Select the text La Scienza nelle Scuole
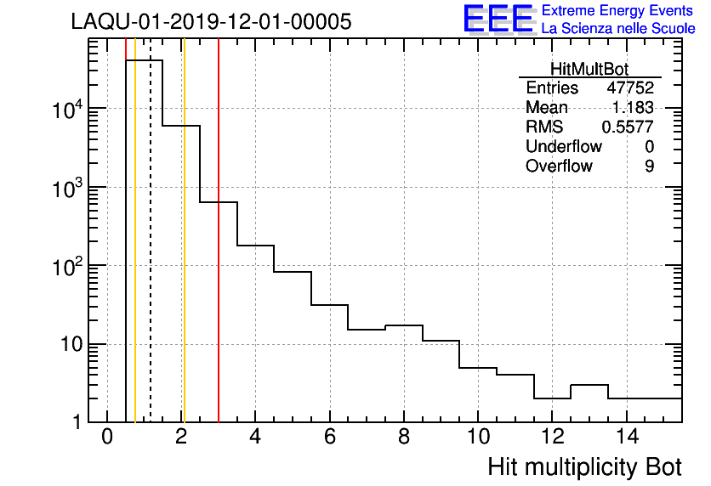tap(618, 29)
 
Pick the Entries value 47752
tap(629, 88)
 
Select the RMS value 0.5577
tap(628, 127)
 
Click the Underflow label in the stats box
tap(563, 147)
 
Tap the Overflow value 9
tap(649, 167)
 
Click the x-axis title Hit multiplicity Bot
tap(584, 467)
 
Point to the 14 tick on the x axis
tap(626, 437)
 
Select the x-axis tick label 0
tap(107, 437)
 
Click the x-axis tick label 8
tap(404, 437)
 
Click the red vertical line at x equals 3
tap(219, 255)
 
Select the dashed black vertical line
tap(151, 255)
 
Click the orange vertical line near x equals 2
tap(184, 255)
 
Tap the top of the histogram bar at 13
tap(589, 385)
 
